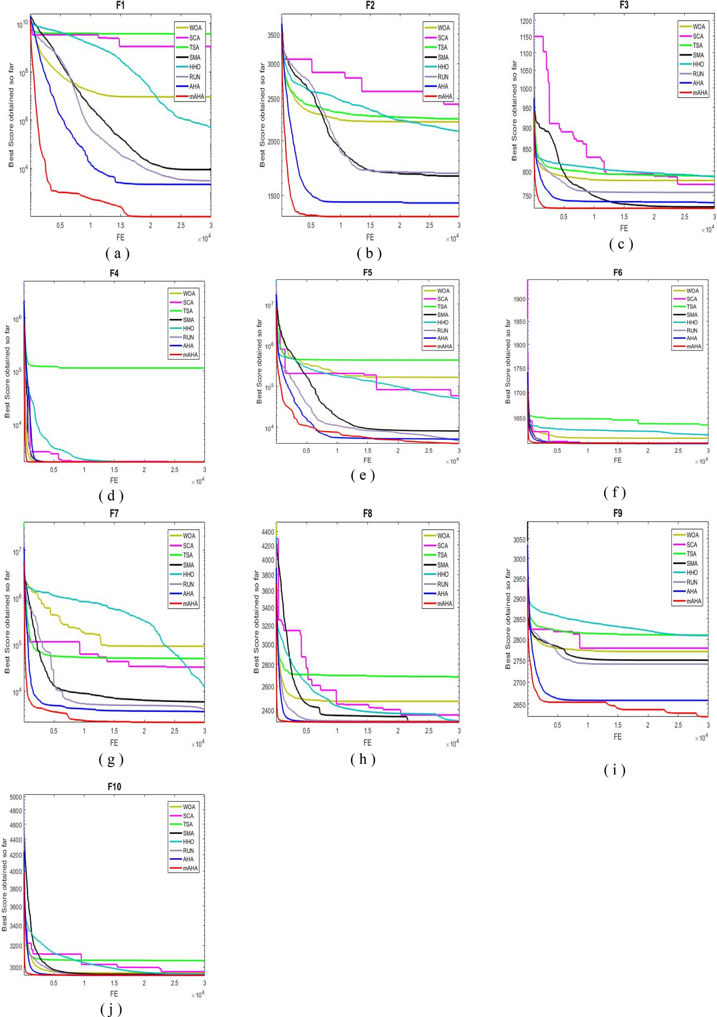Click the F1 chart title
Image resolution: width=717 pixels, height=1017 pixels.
click(x=120, y=5)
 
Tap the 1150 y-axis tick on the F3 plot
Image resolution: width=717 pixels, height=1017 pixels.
click(x=526, y=37)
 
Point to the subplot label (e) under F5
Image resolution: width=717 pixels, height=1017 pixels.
click(x=363, y=475)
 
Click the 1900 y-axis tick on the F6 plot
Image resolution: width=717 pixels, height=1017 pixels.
click(x=519, y=299)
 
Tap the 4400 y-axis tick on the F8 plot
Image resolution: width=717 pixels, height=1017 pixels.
click(x=268, y=531)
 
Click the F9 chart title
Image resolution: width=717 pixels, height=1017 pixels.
click(x=618, y=513)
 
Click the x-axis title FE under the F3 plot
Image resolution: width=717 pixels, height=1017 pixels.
click(x=624, y=229)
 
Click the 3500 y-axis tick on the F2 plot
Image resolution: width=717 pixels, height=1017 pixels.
click(x=274, y=35)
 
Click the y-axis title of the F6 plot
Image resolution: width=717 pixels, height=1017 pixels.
click(x=508, y=361)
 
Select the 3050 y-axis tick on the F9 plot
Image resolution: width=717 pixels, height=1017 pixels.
click(x=519, y=540)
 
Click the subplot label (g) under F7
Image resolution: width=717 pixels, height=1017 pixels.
click(x=111, y=759)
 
